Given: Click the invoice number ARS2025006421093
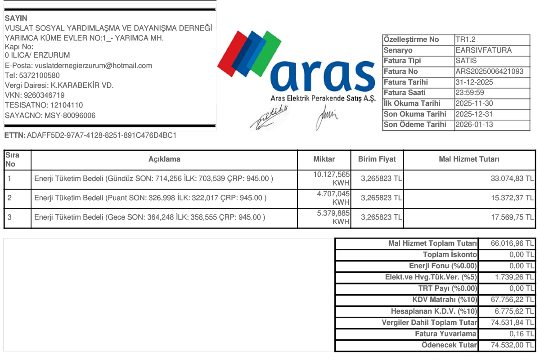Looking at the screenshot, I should click(x=489, y=72).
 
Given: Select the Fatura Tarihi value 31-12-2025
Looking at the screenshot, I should click(x=474, y=82).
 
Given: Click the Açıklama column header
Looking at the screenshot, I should click(x=164, y=159).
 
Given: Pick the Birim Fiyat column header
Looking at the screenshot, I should click(x=377, y=159).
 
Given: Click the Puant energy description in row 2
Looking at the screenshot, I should click(x=150, y=198).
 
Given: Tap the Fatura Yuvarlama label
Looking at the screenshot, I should click(x=445, y=334).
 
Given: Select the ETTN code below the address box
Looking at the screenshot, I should click(x=102, y=135).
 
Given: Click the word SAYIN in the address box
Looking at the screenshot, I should click(x=16, y=18).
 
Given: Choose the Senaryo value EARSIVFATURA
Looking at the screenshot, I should click(x=483, y=50).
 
